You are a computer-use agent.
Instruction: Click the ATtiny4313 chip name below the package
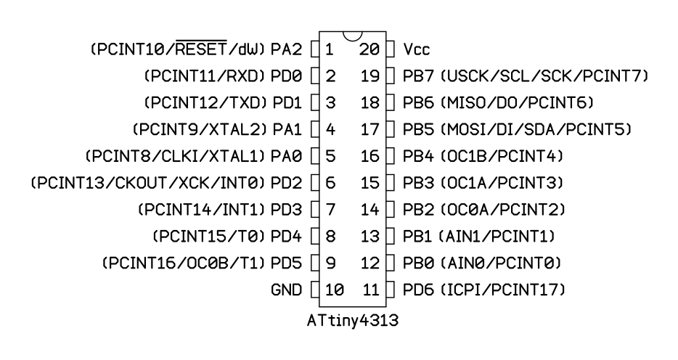tap(352, 321)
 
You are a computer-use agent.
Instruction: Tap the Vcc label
tap(417, 49)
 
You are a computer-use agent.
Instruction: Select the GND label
tap(286, 290)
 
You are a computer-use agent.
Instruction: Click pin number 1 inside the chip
tap(329, 49)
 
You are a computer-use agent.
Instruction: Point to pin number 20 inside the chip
tap(369, 49)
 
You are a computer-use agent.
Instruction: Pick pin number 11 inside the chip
tap(370, 290)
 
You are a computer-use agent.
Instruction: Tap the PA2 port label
tap(286, 49)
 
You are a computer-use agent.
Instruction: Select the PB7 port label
tap(418, 76)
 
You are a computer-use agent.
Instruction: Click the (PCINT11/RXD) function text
tap(205, 76)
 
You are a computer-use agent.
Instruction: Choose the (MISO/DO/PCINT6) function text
tap(517, 103)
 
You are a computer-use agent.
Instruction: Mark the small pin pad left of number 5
tap(315, 156)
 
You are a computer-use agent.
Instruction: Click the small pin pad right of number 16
tap(391, 156)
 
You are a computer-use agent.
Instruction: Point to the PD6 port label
tap(418, 290)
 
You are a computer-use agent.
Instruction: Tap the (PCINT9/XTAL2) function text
tap(200, 129)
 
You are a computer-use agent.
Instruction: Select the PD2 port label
tap(286, 183)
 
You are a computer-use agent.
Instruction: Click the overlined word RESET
tap(202, 49)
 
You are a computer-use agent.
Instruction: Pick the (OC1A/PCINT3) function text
tap(502, 183)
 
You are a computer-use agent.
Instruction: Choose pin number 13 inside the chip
tap(370, 237)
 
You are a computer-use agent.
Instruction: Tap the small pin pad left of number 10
tap(315, 290)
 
